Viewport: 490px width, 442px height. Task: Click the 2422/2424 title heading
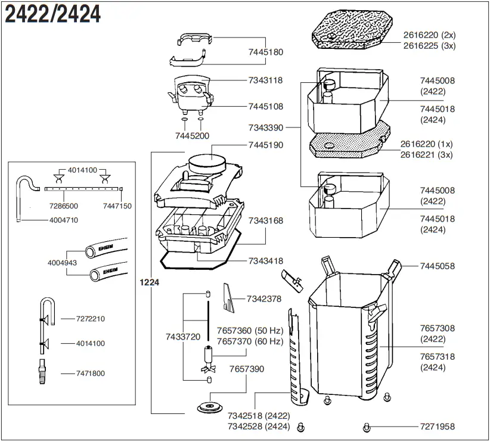pos(52,14)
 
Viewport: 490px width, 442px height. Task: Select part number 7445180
pos(266,52)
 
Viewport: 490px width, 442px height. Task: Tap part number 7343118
pos(266,80)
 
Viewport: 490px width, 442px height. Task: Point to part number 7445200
pos(192,136)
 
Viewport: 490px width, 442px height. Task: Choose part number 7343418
pos(266,261)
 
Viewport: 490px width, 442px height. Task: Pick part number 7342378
pos(264,298)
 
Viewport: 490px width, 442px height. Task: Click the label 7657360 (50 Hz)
pos(250,331)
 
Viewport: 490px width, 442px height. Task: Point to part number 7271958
pos(438,427)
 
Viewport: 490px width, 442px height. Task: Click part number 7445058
pos(438,266)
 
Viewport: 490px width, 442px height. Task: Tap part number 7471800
pos(91,373)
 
